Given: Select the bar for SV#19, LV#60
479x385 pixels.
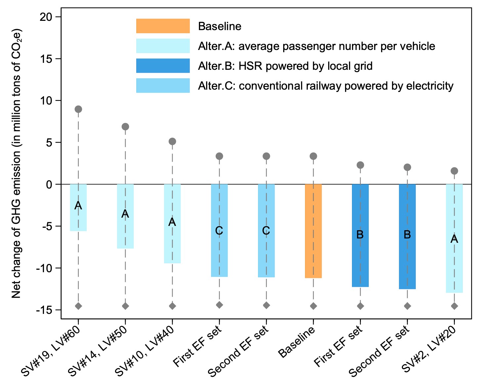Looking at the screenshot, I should [78, 207].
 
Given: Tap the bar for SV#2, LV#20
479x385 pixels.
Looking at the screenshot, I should [454, 238].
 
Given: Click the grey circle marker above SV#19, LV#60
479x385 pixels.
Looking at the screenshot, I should [78, 109].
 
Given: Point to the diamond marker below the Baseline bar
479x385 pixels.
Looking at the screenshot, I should [313, 306].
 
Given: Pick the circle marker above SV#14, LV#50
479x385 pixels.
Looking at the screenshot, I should [125, 127].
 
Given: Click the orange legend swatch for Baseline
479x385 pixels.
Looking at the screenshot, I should [163, 26].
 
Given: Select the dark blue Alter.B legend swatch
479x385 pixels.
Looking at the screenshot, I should [163, 66].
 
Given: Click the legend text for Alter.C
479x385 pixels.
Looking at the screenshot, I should [326, 86].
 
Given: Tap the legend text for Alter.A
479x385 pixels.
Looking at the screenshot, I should [316, 46].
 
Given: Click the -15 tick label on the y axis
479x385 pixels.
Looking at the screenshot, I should [44, 310].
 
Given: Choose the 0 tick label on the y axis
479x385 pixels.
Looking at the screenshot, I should [49, 184].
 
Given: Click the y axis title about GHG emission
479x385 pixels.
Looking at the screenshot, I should [17, 164].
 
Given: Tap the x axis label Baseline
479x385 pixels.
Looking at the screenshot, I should [297, 342].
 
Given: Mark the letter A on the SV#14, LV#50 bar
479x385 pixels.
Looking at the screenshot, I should [125, 214].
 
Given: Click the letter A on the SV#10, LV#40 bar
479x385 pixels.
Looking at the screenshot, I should [172, 222].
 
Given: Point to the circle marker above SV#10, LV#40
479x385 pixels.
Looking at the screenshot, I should [172, 142].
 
